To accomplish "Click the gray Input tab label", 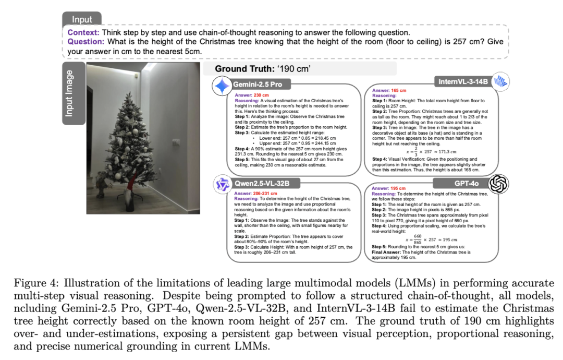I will click(x=82, y=19).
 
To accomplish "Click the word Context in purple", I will click(x=80, y=32).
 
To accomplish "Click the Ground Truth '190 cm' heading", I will click(x=263, y=69).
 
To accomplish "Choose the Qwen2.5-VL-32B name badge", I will click(x=259, y=184).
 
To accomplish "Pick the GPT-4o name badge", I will click(x=466, y=183).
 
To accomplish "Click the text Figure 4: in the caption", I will click(x=41, y=283).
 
